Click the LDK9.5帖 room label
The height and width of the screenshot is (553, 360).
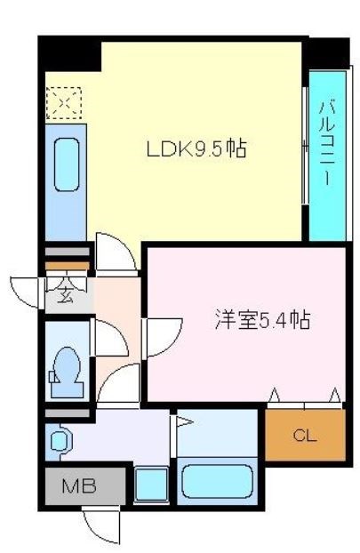point(196,149)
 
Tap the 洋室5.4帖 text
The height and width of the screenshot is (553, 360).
point(262,319)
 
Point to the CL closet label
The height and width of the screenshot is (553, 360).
point(304,436)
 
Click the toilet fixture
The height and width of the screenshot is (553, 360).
point(67,370)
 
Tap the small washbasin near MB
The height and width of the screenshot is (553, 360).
point(60,439)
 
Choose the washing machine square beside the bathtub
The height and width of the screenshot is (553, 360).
point(152,486)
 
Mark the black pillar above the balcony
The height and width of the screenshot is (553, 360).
point(326,52)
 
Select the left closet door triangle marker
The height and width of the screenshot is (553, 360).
point(274,394)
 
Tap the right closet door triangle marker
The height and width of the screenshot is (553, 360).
point(334,394)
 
